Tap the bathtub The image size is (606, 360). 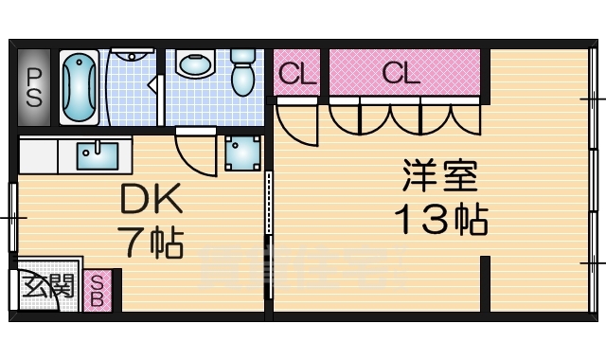click(80, 87)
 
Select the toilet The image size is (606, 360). click(245, 73)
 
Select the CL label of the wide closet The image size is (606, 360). click(401, 73)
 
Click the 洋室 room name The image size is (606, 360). click(438, 177)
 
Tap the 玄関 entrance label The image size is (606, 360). click(49, 284)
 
